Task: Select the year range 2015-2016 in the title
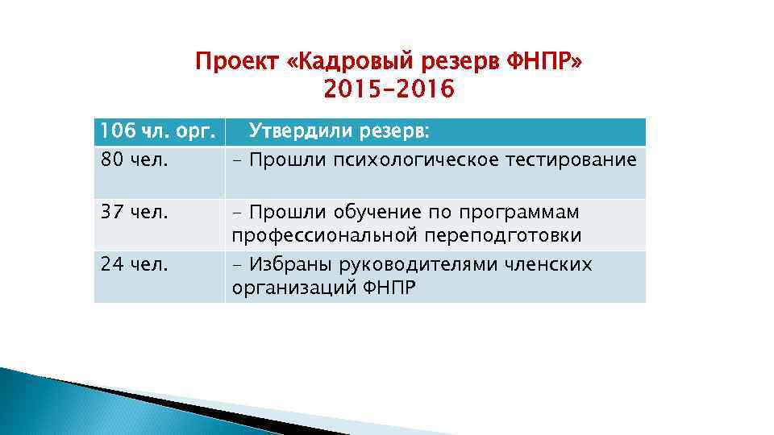(x=389, y=90)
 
